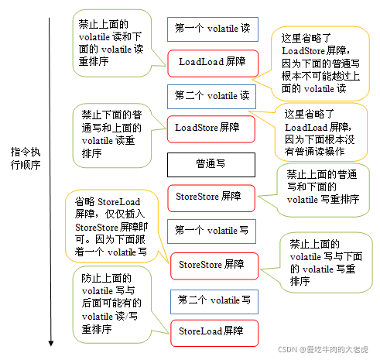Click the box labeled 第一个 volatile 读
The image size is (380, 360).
pyautogui.click(x=207, y=29)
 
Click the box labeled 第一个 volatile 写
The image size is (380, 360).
pyautogui.click(x=211, y=231)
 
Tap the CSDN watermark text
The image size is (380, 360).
pyautogui.click(x=324, y=350)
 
